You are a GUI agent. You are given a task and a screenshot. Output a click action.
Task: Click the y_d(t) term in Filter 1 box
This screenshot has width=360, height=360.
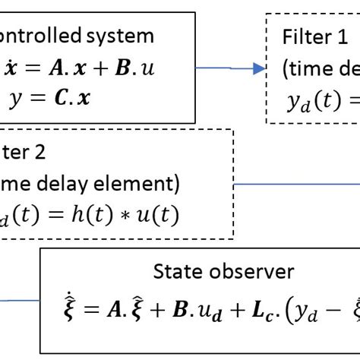point(313,102)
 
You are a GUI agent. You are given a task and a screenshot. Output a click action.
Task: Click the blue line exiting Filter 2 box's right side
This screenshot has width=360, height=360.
point(296,183)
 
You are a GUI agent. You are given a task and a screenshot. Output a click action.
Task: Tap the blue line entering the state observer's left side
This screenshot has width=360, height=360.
point(19,300)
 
